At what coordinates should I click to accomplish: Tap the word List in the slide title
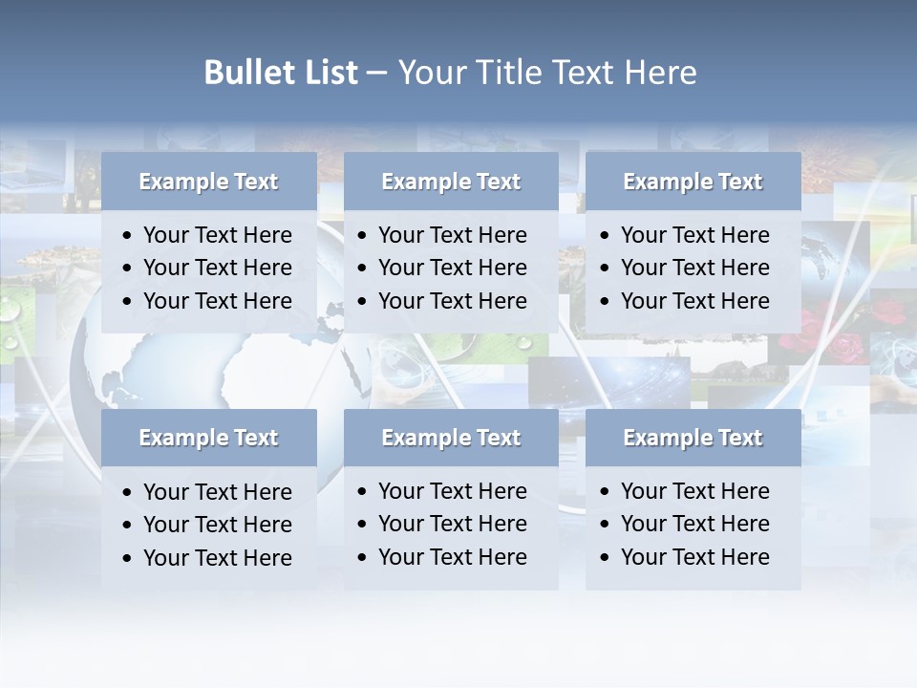[x=325, y=73]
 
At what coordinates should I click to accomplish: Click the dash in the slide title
[x=377, y=74]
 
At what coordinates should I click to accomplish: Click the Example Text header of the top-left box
[x=208, y=182]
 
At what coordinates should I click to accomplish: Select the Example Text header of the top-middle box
[x=451, y=182]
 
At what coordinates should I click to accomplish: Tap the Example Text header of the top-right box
[x=693, y=182]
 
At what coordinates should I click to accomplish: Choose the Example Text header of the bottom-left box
[x=208, y=438]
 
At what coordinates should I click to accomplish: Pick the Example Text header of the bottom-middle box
[x=451, y=438]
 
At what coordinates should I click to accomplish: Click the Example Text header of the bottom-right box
[x=693, y=438]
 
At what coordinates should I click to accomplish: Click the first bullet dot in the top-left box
[x=128, y=236]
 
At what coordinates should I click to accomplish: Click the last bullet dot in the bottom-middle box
[x=363, y=558]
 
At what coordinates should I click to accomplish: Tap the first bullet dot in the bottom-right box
[x=606, y=492]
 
